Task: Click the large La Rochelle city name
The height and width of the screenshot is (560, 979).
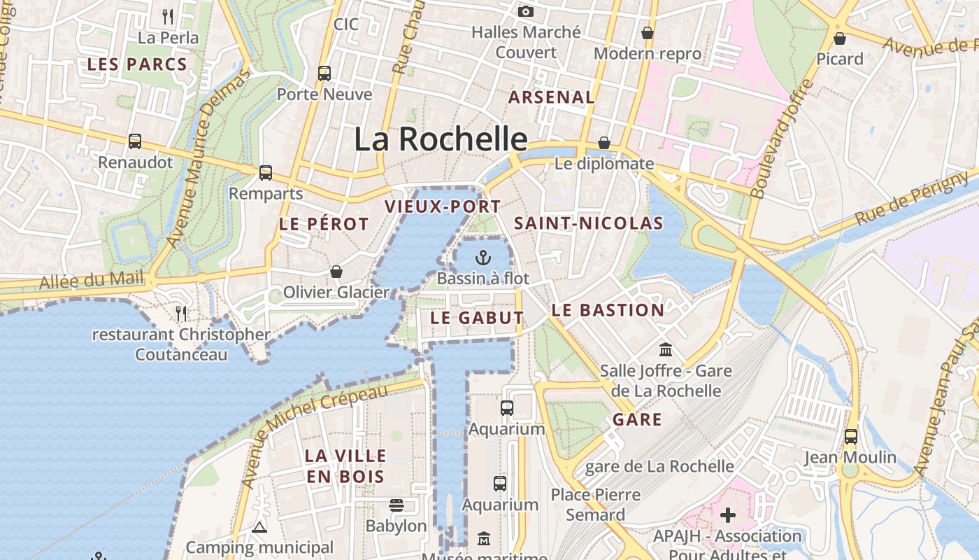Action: (x=440, y=139)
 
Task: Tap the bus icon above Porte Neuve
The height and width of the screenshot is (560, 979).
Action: (x=324, y=73)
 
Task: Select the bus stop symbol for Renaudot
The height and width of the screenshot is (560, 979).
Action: (x=135, y=141)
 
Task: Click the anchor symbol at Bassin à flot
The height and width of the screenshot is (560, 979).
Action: (x=483, y=258)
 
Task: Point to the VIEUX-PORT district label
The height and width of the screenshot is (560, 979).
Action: (x=443, y=206)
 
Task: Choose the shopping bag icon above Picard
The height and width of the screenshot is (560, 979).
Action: (x=840, y=38)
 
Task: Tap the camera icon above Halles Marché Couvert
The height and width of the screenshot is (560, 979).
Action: (x=526, y=11)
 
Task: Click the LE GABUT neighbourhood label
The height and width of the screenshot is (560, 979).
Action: (x=476, y=318)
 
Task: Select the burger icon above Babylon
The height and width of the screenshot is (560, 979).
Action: (x=396, y=505)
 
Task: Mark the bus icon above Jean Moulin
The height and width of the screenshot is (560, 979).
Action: (x=850, y=437)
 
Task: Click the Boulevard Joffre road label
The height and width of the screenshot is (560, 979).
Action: (x=781, y=139)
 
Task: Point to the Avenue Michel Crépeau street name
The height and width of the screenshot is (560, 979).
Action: (x=314, y=435)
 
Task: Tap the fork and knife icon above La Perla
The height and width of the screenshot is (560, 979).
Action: (x=168, y=16)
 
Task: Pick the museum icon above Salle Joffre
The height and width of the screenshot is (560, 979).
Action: (x=666, y=349)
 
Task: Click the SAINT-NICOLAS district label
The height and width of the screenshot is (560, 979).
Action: (x=588, y=223)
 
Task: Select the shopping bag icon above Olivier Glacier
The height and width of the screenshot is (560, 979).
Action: (x=336, y=272)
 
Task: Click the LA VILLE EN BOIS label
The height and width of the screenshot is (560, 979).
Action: (x=345, y=466)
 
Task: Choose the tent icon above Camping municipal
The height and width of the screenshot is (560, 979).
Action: (x=259, y=527)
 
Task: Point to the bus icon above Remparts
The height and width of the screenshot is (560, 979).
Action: (x=266, y=173)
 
